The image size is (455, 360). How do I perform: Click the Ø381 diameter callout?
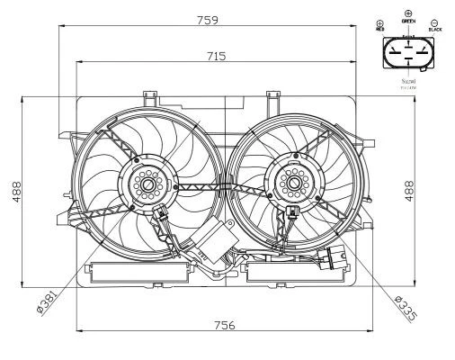(46, 300)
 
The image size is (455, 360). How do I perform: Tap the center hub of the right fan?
(293, 184)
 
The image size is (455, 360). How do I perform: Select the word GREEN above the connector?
(408, 20)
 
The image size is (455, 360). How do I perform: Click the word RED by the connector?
(379, 29)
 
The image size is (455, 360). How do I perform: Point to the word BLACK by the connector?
(435, 29)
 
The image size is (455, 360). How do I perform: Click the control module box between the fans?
(211, 243)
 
